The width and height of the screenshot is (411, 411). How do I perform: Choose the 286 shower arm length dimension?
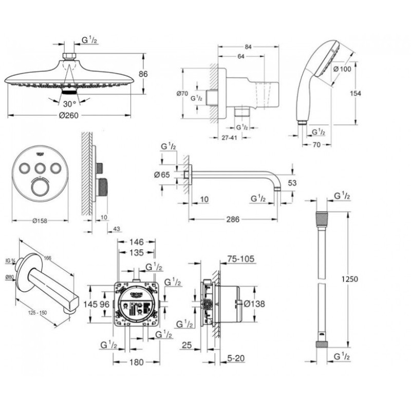(x=234, y=218)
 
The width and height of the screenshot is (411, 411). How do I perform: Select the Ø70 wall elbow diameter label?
(x=181, y=94)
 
